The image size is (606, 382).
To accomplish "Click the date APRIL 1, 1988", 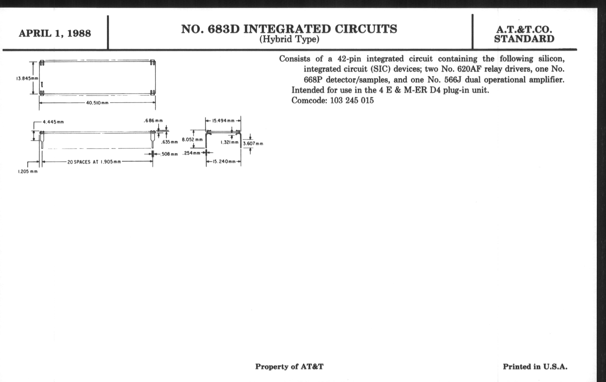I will pyautogui.click(x=55, y=33).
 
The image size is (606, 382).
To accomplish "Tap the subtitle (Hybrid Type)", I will pyautogui.click(x=289, y=39).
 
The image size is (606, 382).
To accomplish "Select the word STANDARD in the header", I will pyautogui.click(x=524, y=39).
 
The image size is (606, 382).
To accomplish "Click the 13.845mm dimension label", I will pyautogui.click(x=27, y=78).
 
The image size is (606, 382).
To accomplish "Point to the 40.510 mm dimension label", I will pyautogui.click(x=97, y=103).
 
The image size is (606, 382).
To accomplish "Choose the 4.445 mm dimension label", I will pyautogui.click(x=53, y=122).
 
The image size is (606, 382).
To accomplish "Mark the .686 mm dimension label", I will pyautogui.click(x=153, y=121).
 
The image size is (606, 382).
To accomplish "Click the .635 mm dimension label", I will pyautogui.click(x=169, y=142).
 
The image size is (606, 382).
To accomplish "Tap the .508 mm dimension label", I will pyautogui.click(x=169, y=154).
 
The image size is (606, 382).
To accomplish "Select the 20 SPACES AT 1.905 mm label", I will pyautogui.click(x=94, y=162).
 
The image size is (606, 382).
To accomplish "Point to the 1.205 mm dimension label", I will pyautogui.click(x=28, y=172).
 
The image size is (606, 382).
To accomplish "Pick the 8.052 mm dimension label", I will pyautogui.click(x=192, y=140).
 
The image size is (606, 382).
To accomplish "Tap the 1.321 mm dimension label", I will pyautogui.click(x=229, y=143).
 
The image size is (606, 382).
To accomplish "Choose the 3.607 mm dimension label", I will pyautogui.click(x=253, y=144).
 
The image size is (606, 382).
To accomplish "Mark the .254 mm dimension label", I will pyautogui.click(x=192, y=153).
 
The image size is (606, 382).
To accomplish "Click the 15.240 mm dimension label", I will pyautogui.click(x=224, y=162).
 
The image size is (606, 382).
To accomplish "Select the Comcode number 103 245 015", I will pyautogui.click(x=352, y=101).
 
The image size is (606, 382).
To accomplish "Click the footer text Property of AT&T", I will pyautogui.click(x=289, y=366).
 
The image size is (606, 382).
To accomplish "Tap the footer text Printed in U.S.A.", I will pyautogui.click(x=535, y=366).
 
